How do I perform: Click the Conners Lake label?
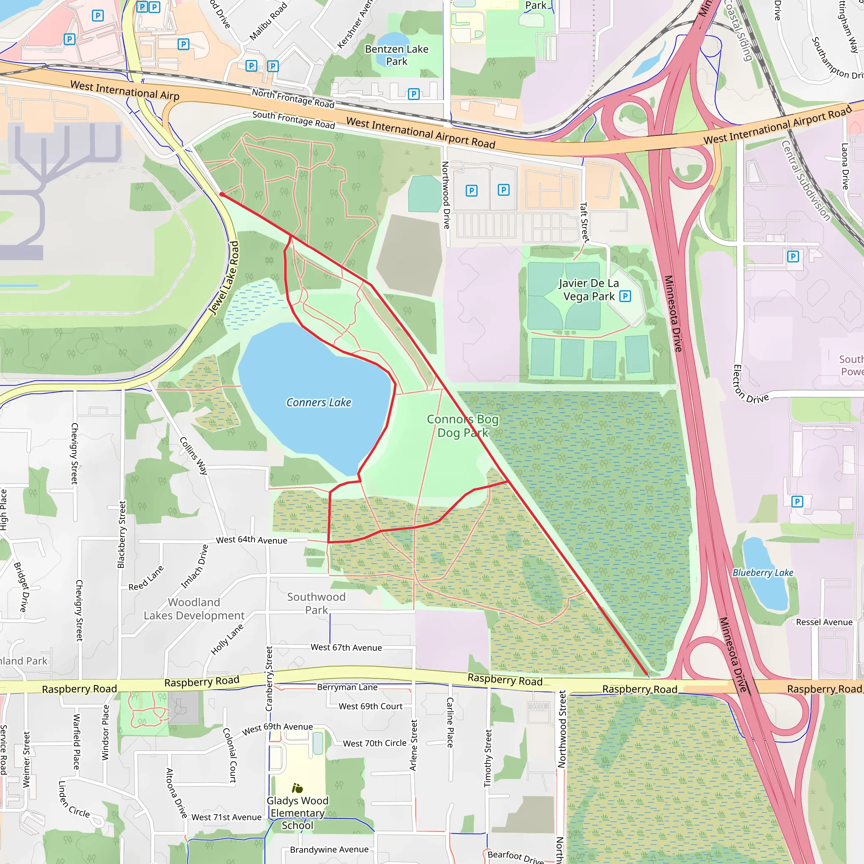point(319,402)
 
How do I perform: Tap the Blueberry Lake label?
point(762,572)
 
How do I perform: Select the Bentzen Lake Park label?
point(396,55)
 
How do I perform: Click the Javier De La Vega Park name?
point(589,290)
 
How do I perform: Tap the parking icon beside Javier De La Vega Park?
point(625,296)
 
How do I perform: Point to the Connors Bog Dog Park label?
point(462,426)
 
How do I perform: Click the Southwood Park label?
point(316,603)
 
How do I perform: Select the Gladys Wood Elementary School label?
point(297,813)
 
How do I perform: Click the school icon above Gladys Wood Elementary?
point(297,788)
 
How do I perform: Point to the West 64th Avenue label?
point(251,540)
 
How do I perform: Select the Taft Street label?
point(584,222)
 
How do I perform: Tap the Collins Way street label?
point(194,455)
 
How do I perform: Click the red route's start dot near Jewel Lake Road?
point(222,194)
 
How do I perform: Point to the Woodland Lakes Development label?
point(194,609)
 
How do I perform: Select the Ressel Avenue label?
point(824,622)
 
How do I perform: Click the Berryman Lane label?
point(347,687)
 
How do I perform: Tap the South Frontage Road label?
point(293,119)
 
